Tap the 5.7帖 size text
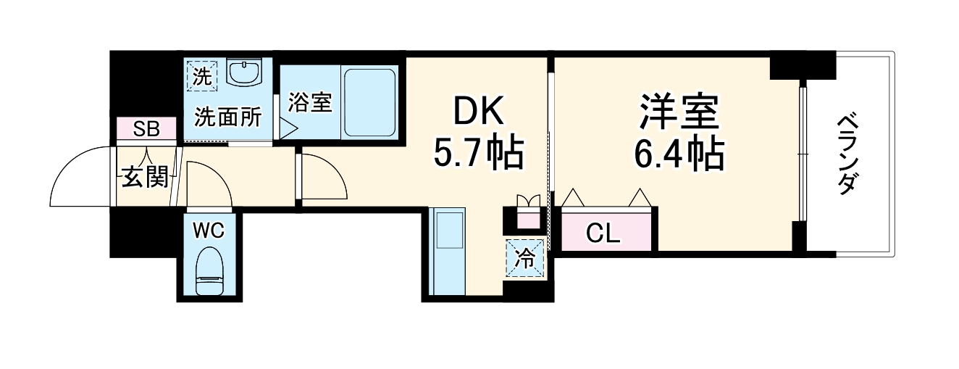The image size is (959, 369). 477,152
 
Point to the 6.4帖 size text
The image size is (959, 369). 679,152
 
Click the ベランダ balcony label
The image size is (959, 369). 847,154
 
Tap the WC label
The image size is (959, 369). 209,231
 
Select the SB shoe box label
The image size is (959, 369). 146,129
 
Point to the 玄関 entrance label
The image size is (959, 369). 144,176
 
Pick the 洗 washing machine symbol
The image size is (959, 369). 201,75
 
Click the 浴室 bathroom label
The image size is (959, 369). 309,102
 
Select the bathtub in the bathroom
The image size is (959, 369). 369,102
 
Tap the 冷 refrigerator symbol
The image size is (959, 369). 523,257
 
